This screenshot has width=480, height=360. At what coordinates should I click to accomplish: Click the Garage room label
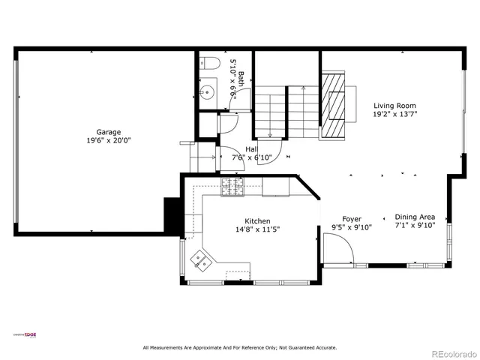[x=108, y=132]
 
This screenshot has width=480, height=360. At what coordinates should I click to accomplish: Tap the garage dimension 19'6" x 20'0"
[x=108, y=140]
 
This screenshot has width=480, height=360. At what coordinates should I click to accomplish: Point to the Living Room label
[x=394, y=106]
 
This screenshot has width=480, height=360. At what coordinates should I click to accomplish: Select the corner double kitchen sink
[x=200, y=260]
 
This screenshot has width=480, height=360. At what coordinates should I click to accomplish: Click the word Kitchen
[x=257, y=221]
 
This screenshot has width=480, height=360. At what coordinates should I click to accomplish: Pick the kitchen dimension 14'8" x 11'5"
[x=257, y=229]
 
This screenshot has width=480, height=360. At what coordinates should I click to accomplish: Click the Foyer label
[x=352, y=219]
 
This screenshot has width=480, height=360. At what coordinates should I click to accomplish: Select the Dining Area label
[x=415, y=215]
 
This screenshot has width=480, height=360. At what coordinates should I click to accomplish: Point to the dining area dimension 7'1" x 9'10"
[x=415, y=224]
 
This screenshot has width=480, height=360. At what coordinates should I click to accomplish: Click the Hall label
[x=252, y=149]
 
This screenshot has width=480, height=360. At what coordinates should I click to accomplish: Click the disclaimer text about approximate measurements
[x=240, y=347]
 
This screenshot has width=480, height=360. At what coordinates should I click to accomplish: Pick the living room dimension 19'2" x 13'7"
[x=394, y=115]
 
